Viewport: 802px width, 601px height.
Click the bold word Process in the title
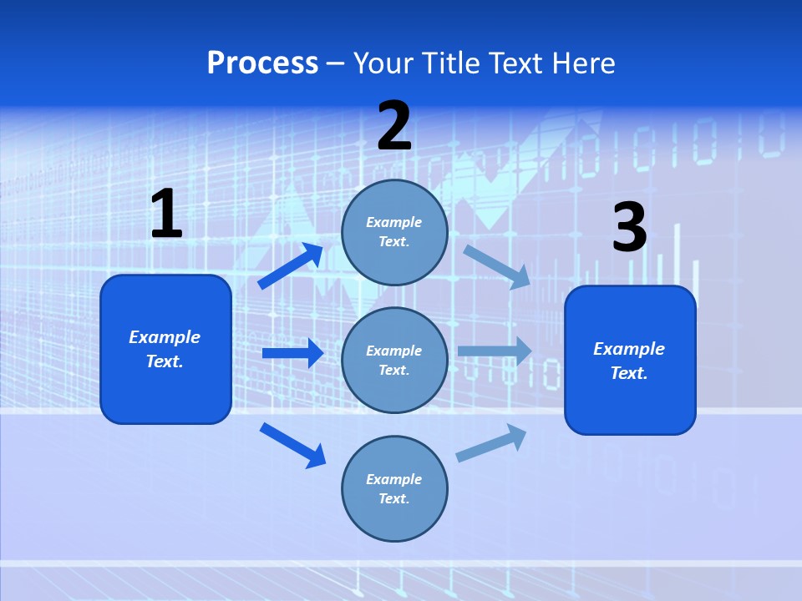pos(262,63)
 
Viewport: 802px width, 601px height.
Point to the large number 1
pos(165,215)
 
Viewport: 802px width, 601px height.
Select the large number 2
pos(394,126)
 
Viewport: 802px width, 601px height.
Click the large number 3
pos(629,228)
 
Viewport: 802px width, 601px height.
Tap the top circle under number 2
pos(394,232)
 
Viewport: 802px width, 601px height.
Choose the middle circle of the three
pos(394,360)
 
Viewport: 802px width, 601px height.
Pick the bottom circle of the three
pos(394,488)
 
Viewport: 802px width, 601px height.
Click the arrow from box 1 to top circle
pos(291,266)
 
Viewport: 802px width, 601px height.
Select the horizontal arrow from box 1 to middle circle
pos(292,353)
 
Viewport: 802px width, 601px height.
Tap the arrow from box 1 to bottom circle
pos(292,445)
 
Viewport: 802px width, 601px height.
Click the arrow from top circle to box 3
pos(496,266)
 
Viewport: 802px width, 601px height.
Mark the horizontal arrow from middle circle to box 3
pos(495,351)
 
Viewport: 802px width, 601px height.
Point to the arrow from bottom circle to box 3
pos(491,442)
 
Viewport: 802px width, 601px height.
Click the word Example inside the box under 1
pos(165,337)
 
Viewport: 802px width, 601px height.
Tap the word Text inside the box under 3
pos(628,373)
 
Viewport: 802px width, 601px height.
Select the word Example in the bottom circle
pos(394,479)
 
